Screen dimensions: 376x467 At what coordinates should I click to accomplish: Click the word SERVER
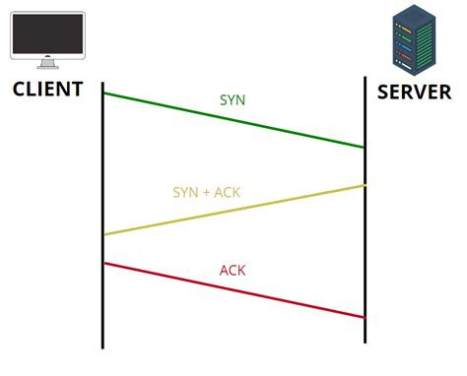(414, 92)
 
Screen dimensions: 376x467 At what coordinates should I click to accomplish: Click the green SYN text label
(233, 100)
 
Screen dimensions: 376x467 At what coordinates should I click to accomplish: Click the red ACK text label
(233, 271)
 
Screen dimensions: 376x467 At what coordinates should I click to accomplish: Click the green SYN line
(233, 120)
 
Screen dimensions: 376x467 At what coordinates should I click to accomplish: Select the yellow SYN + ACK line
(233, 210)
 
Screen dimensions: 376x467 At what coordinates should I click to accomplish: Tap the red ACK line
(233, 289)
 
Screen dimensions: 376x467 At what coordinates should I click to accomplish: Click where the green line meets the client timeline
(103, 94)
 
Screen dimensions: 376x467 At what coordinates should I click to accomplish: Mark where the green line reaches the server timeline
(365, 148)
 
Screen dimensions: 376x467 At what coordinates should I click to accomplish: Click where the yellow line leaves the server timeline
(365, 185)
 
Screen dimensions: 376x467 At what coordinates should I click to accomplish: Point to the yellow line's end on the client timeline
(103, 234)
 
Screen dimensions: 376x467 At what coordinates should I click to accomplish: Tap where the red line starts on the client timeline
(103, 263)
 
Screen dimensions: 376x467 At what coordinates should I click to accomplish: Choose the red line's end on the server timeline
(365, 317)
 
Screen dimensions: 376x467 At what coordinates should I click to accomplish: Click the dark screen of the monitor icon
(46, 33)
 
